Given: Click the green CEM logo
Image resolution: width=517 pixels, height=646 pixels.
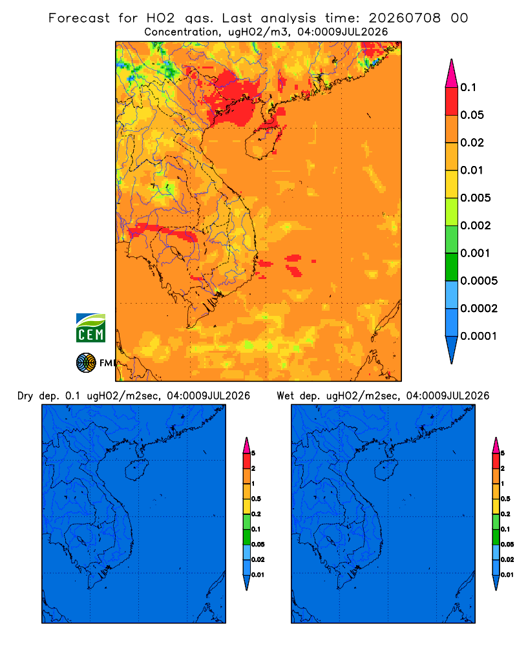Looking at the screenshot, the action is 90,328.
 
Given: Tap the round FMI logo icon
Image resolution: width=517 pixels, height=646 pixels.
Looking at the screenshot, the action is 86,363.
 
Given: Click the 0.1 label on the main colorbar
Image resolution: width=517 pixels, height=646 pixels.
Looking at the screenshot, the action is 468,87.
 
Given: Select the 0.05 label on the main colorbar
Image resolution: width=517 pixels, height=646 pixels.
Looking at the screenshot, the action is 472,115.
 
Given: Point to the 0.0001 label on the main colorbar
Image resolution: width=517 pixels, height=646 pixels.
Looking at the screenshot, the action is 479,336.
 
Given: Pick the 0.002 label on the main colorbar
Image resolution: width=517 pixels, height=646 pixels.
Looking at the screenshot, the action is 476,225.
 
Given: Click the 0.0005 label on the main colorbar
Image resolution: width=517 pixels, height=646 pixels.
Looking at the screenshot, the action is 479,280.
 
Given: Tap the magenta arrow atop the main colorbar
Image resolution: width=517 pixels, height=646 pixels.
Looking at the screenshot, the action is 452,74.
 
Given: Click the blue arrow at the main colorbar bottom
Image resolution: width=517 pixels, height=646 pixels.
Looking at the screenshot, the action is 452,349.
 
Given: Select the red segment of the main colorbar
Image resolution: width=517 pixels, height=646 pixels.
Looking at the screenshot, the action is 452,101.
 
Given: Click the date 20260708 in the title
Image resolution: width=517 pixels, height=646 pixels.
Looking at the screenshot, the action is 404,18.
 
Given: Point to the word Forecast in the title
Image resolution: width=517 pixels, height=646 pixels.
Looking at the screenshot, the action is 79,18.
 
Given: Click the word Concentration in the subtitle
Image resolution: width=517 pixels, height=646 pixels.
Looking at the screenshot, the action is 182,32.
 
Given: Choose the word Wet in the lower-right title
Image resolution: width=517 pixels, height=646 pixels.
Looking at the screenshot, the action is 285,396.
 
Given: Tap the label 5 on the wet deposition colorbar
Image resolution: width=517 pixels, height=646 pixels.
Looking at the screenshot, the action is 503,453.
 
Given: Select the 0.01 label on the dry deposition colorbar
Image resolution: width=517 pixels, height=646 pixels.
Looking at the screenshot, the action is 258,575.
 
